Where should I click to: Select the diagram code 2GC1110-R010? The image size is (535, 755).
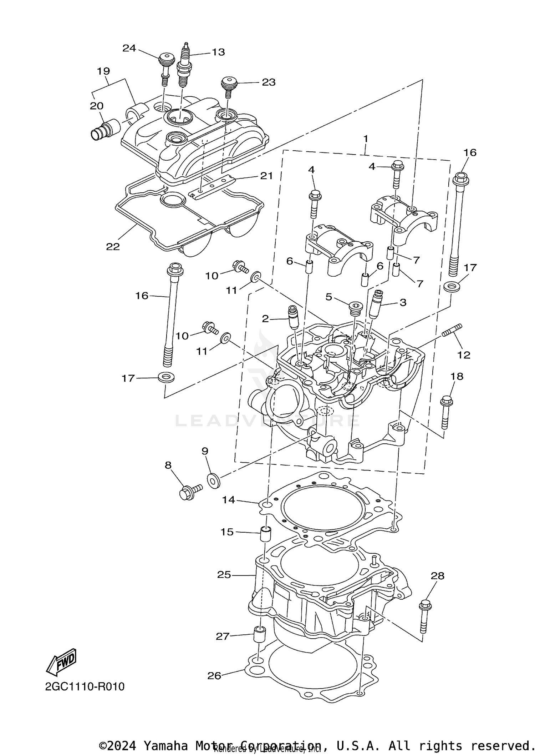85,686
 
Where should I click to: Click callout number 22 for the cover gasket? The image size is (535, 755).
113,246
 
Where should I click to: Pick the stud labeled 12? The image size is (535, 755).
452,330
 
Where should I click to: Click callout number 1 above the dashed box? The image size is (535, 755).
365,139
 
